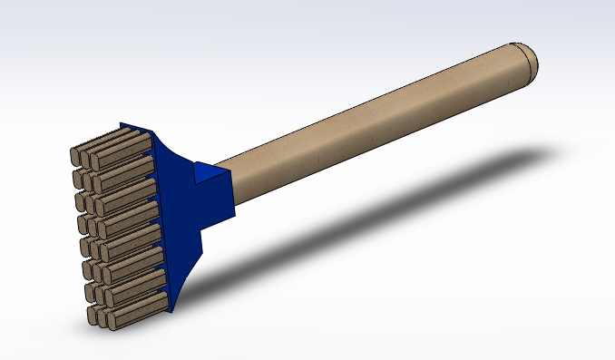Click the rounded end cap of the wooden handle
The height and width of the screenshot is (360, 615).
528,60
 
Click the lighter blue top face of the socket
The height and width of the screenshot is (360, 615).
207,170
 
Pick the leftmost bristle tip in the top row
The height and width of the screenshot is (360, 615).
76,155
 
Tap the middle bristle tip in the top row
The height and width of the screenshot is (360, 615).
85,157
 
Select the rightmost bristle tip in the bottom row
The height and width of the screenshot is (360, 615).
112,321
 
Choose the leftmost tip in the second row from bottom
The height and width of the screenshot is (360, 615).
92,293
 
